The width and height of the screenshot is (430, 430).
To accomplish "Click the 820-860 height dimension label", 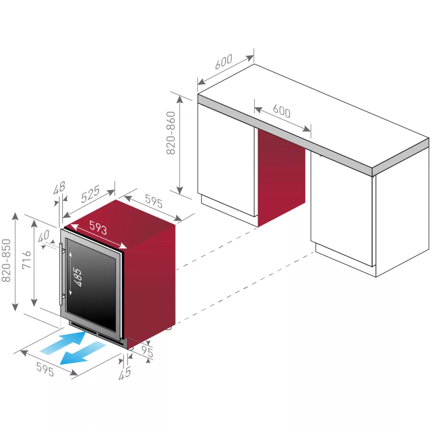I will (x=171, y=133).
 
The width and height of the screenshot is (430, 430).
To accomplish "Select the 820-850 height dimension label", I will (x=7, y=261).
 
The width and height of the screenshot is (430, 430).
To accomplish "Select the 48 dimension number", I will (x=60, y=187).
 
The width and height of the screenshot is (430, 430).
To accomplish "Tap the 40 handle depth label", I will (x=43, y=238).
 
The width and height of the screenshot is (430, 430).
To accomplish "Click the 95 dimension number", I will (x=148, y=352).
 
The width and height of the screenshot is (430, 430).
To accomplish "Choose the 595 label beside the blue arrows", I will (x=45, y=370).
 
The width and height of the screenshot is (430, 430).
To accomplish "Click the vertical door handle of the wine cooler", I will (x=62, y=273).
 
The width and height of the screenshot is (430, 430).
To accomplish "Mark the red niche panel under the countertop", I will (x=281, y=176).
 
